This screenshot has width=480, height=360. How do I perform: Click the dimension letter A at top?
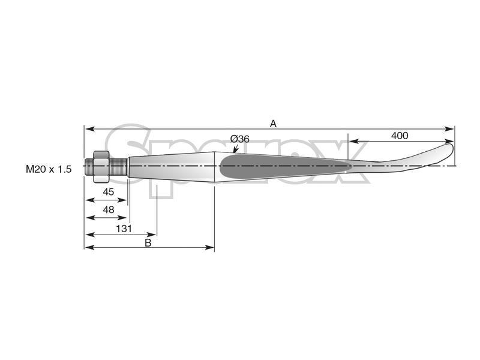point(273,123)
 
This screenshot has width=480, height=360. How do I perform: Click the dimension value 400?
point(400,136)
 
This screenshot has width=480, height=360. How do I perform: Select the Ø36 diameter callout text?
point(240,139)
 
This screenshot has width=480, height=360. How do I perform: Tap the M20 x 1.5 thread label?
point(49,170)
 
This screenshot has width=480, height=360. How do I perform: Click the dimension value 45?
point(109,192)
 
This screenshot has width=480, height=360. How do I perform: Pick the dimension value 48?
point(109,210)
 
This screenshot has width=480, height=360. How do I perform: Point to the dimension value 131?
point(124,228)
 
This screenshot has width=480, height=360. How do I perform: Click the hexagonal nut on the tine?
point(100,164)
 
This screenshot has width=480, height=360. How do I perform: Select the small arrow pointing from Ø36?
point(235,148)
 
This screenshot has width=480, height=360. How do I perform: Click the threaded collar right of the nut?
point(118,165)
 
